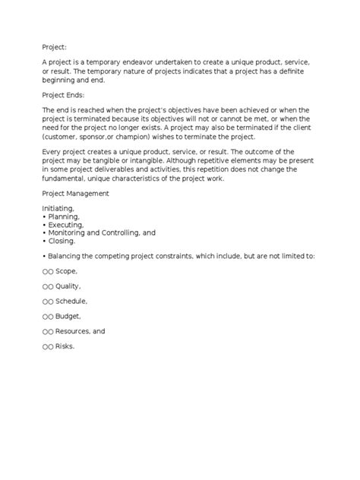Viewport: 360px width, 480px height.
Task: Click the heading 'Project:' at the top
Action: coord(56,46)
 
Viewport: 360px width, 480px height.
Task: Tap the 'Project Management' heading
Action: coord(76,193)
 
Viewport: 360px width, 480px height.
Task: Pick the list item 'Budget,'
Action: coord(68,317)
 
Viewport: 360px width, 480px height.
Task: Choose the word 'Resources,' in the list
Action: coord(74,332)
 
